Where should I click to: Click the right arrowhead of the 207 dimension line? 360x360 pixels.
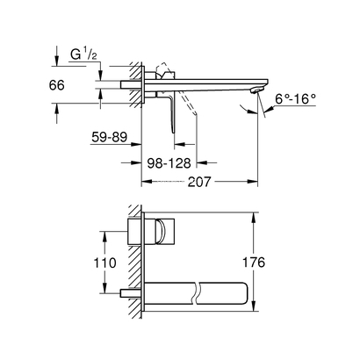tap(256, 184)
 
